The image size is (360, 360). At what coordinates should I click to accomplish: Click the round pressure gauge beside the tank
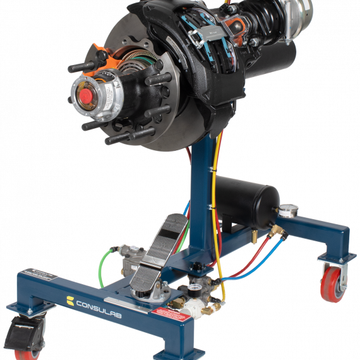291,210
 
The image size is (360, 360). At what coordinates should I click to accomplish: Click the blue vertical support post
204,189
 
